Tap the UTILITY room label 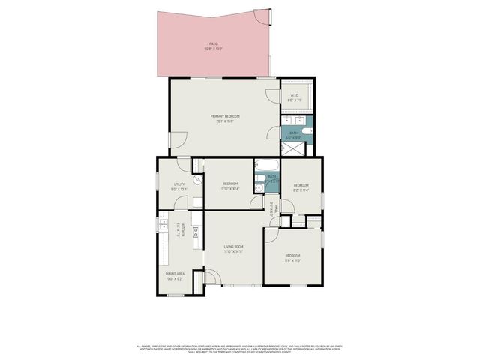(x=179, y=186)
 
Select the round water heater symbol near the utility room (x=197, y=180)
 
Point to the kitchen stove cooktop (x=196, y=233)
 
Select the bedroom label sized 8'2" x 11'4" (x=301, y=187)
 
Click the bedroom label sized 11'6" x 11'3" (x=292, y=259)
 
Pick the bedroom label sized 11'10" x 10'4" (x=230, y=186)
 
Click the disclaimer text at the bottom (x=240, y=349)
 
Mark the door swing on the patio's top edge (x=259, y=18)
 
